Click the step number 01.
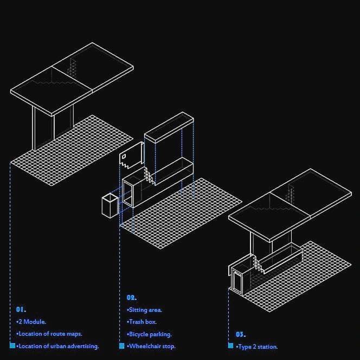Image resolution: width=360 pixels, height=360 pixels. pyautogui.click(x=21, y=310)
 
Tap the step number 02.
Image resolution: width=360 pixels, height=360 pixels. pyautogui.click(x=132, y=298)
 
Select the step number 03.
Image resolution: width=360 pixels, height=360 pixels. pyautogui.click(x=241, y=335)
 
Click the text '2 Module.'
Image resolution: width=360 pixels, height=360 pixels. pyautogui.click(x=31, y=322)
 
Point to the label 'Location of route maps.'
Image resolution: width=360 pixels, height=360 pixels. pyautogui.click(x=49, y=333)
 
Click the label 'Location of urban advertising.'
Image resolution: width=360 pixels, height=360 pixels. pyautogui.click(x=57, y=346)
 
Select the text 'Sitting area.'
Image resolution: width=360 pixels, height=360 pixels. pyautogui.click(x=145, y=310)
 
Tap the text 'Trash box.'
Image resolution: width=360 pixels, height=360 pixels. pyautogui.click(x=142, y=322)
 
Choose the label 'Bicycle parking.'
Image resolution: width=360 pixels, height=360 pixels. pyautogui.click(x=149, y=334)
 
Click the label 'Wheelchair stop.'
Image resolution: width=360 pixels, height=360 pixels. pyautogui.click(x=151, y=346)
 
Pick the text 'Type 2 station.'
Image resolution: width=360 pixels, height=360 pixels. pyautogui.click(x=257, y=346)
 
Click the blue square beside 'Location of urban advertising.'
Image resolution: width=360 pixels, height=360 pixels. pyautogui.click(x=12, y=345)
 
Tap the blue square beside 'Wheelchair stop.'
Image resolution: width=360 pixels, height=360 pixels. pyautogui.click(x=121, y=346)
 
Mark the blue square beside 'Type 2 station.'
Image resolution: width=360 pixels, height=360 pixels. pyautogui.click(x=231, y=345)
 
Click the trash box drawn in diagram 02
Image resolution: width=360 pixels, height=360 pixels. pyautogui.click(x=110, y=205)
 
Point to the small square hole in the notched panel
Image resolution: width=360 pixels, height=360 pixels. pyautogui.click(x=124, y=157)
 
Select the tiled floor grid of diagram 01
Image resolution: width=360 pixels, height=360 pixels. pyautogui.click(x=72, y=150)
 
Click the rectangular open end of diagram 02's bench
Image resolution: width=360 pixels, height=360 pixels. pyautogui.click(x=128, y=193)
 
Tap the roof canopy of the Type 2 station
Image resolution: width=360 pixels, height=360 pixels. pyautogui.click(x=290, y=205)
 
